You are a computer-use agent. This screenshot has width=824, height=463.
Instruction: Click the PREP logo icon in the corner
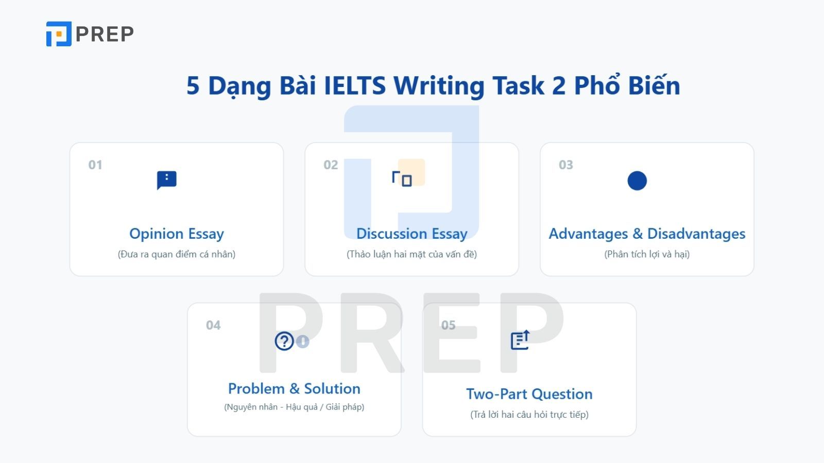tap(59, 34)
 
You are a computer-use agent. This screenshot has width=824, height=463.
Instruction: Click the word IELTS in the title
tap(355, 85)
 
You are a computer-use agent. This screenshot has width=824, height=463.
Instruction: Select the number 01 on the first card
tap(95, 165)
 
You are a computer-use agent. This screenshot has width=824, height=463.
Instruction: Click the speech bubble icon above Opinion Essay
tap(167, 180)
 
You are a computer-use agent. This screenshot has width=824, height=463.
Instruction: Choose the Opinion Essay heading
tap(177, 234)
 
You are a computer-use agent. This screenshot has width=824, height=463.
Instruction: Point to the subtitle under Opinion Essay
tap(177, 254)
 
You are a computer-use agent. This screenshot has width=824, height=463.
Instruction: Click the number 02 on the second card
tap(331, 165)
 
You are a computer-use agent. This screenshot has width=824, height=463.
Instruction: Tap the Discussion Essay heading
tap(411, 234)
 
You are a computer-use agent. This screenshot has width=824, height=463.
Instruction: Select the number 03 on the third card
tap(566, 165)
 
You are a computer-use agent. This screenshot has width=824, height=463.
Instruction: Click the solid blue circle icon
tap(637, 181)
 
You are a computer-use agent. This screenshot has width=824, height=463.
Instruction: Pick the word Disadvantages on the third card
tap(696, 234)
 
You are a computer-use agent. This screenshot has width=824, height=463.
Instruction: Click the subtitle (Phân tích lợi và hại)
tap(647, 254)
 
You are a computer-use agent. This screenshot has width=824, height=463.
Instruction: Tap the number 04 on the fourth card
tap(213, 325)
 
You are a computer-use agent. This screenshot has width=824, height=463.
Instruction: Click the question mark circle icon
tap(284, 341)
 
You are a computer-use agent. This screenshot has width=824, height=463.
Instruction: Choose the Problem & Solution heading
tap(294, 389)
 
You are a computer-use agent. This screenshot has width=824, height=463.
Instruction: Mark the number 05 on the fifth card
tap(449, 325)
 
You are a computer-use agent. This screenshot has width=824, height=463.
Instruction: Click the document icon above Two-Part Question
tap(520, 340)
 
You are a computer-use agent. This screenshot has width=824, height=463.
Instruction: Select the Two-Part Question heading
tap(529, 394)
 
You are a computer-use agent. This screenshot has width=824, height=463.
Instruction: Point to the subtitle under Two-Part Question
tap(529, 415)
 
